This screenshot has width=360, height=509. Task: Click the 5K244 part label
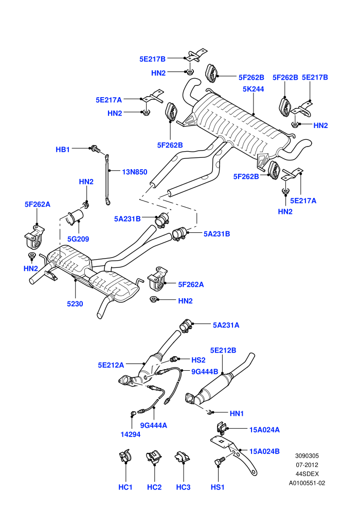253,89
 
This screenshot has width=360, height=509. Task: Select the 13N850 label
135,172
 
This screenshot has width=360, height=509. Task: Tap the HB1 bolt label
63,149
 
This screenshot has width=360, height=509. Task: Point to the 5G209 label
78,239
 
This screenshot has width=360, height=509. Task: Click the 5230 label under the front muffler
75,304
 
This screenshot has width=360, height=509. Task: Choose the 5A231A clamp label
226,325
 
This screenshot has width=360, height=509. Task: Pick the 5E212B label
223,350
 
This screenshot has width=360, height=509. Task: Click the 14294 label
131,434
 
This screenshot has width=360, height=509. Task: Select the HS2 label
199,360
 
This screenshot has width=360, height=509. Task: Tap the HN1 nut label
237,413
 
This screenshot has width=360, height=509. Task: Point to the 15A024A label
264,429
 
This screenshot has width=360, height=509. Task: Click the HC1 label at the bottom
125,487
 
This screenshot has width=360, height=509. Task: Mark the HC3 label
183,487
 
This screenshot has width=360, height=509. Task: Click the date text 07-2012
307,465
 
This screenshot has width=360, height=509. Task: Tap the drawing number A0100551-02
307,483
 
